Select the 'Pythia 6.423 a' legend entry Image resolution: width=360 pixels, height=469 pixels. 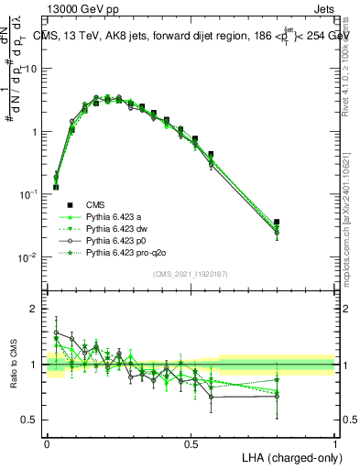(x=115, y=216)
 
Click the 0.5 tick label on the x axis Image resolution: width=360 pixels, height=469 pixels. (x=191, y=442)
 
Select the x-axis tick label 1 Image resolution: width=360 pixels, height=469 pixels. (x=335, y=442)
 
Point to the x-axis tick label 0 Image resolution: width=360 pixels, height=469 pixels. (x=48, y=442)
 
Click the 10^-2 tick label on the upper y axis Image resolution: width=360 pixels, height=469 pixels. (x=29, y=257)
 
